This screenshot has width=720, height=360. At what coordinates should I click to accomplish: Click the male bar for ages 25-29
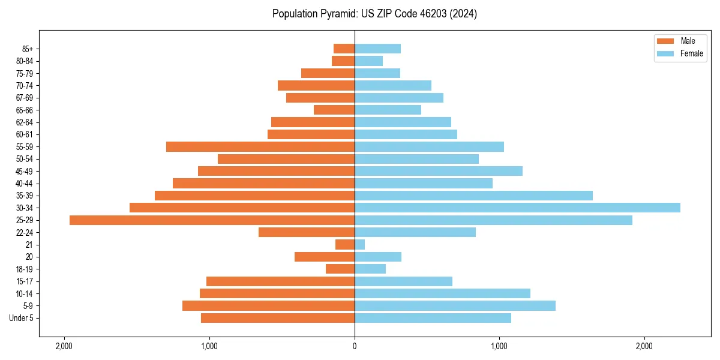coord(212,220)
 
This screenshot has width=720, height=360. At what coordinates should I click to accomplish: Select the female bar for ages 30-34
coord(517,208)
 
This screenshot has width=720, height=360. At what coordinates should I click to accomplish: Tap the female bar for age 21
coord(359,245)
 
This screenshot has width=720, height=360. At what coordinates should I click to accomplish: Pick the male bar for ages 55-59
coord(260,147)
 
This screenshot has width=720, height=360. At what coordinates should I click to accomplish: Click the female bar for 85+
coord(377,49)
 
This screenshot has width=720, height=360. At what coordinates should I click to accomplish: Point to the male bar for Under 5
coord(278,318)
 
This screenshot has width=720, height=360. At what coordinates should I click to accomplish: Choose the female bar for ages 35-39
coord(473,196)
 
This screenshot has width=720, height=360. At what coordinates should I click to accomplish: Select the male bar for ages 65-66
coord(334,110)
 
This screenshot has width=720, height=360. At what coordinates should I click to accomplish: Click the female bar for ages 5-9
coord(455,306)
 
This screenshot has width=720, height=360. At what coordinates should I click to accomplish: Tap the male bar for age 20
coord(325,257)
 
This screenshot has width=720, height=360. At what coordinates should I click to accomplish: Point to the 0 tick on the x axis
coord(355,347)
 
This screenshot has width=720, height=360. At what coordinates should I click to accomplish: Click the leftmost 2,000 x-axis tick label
coord(64,347)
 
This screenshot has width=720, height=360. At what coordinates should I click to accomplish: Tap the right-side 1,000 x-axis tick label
coord(499,347)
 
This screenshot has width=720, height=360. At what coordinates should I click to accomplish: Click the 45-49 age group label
coord(24,172)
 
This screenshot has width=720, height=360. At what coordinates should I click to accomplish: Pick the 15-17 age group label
coord(24,281)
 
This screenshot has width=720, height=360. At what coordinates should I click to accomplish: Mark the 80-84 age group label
coord(24,61)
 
